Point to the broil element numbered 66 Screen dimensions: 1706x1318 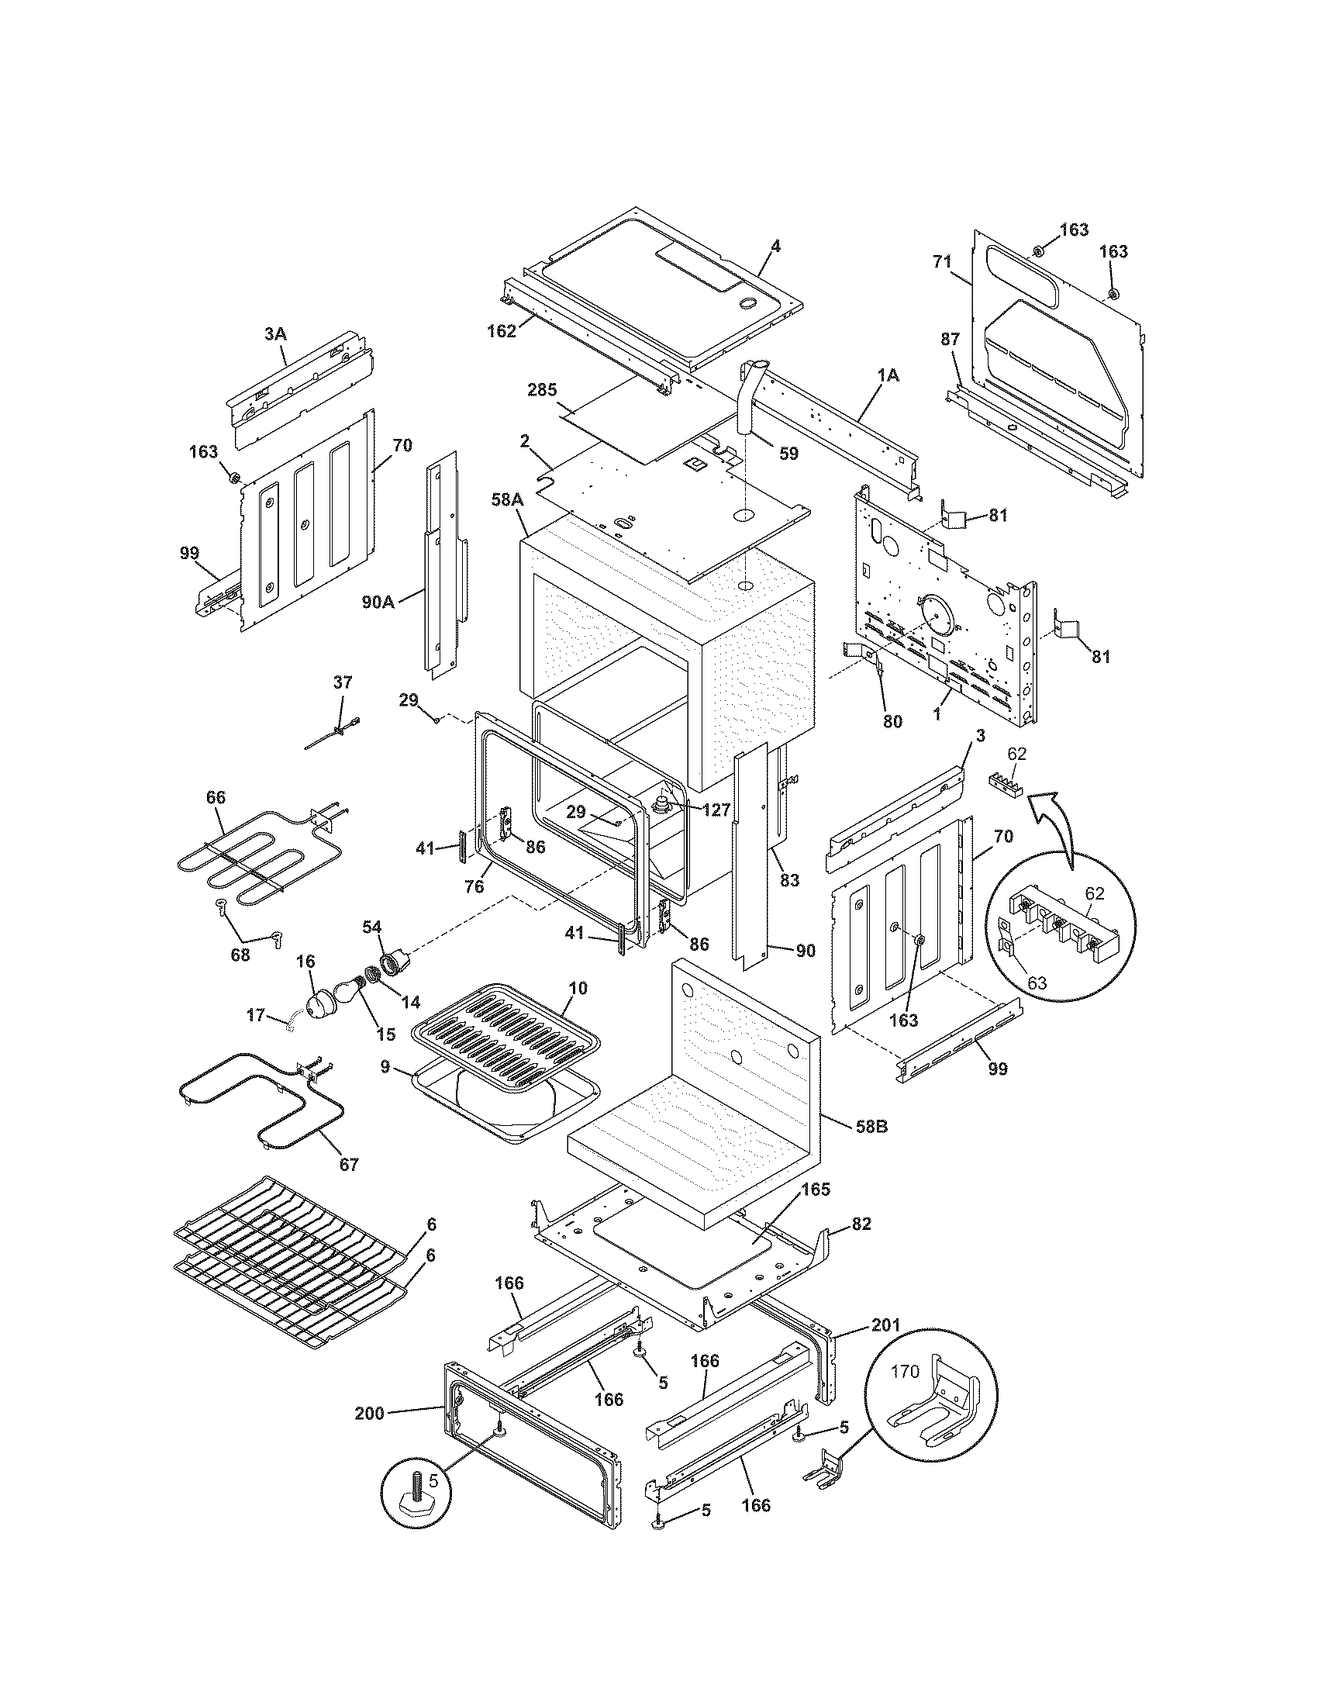pos(234,871)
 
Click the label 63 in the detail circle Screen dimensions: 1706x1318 pos(1036,983)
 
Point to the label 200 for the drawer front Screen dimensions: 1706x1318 pos(370,1412)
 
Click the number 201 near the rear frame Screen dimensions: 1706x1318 pos(885,1325)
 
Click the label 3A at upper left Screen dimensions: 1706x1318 pos(275,333)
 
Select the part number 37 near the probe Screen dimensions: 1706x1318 pos(343,682)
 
